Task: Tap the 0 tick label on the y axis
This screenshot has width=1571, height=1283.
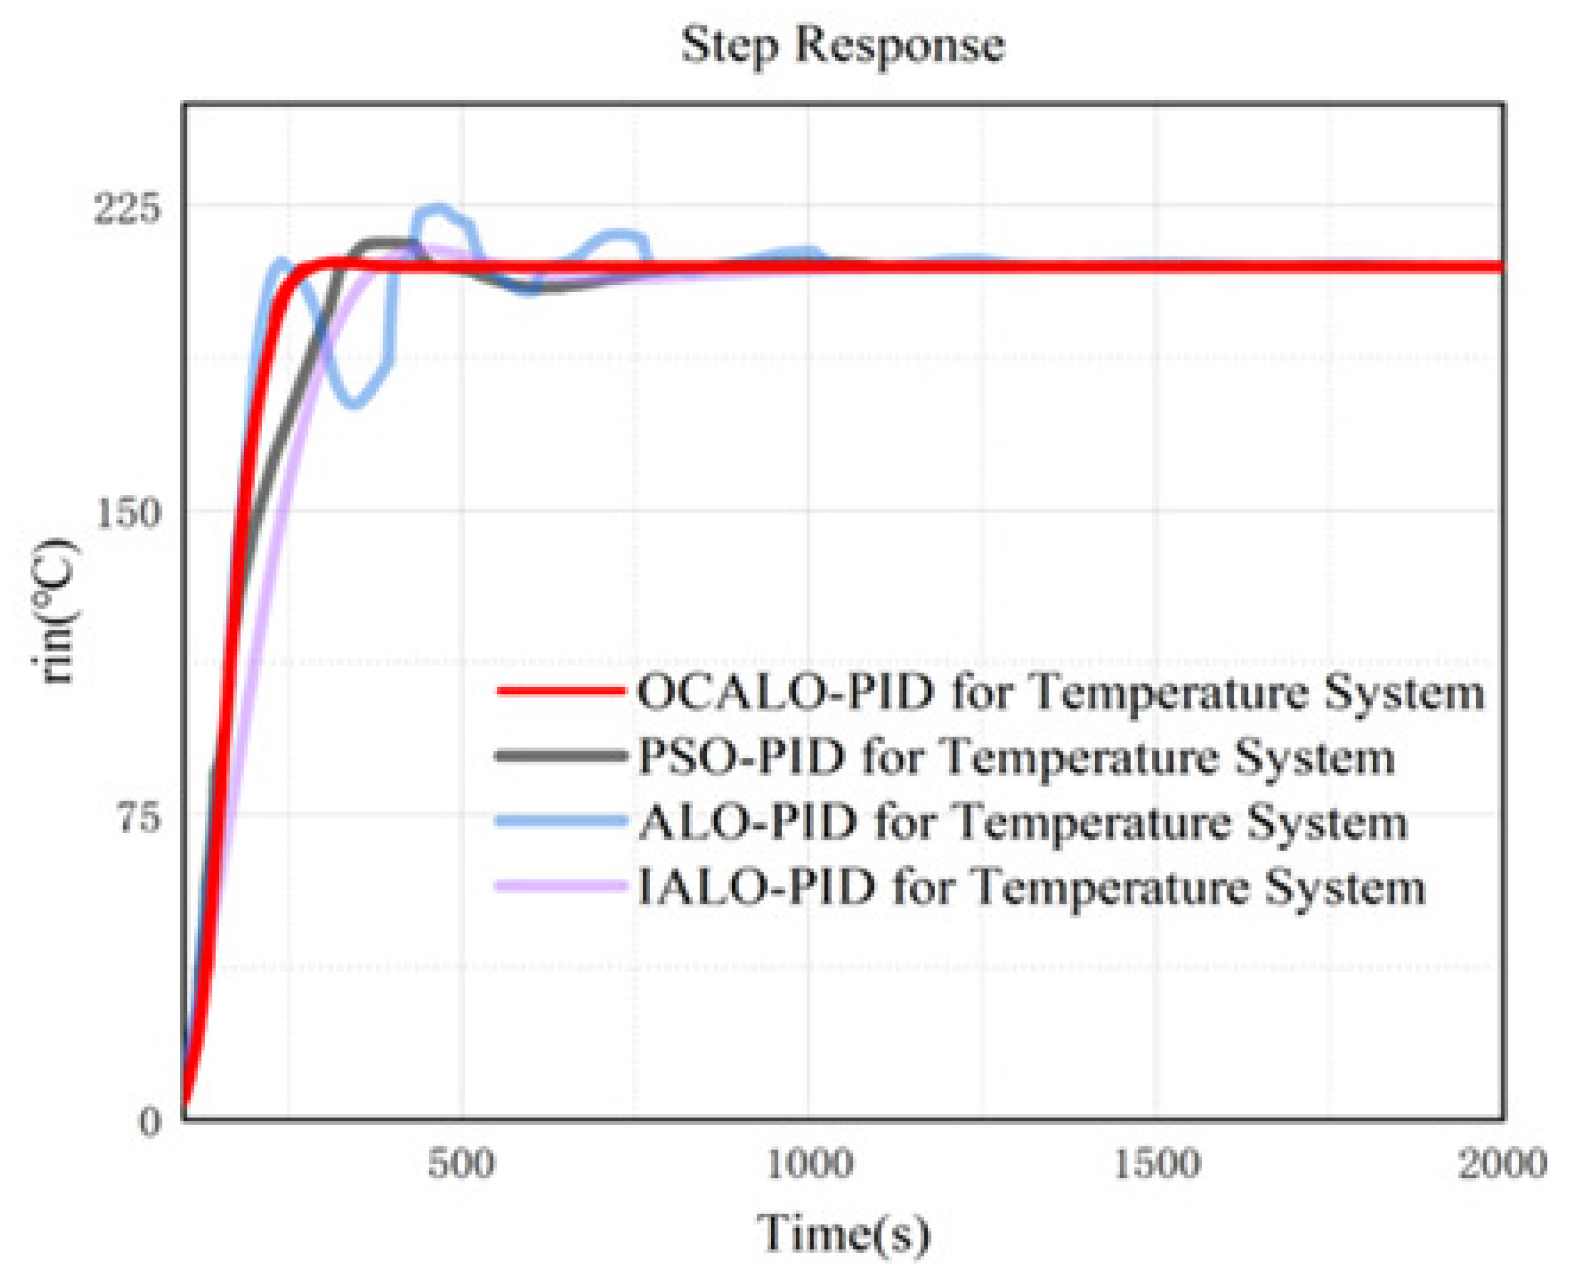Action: pos(149,1122)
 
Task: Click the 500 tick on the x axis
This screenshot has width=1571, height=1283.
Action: pos(462,1164)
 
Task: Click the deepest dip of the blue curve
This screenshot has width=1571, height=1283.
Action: pos(355,403)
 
